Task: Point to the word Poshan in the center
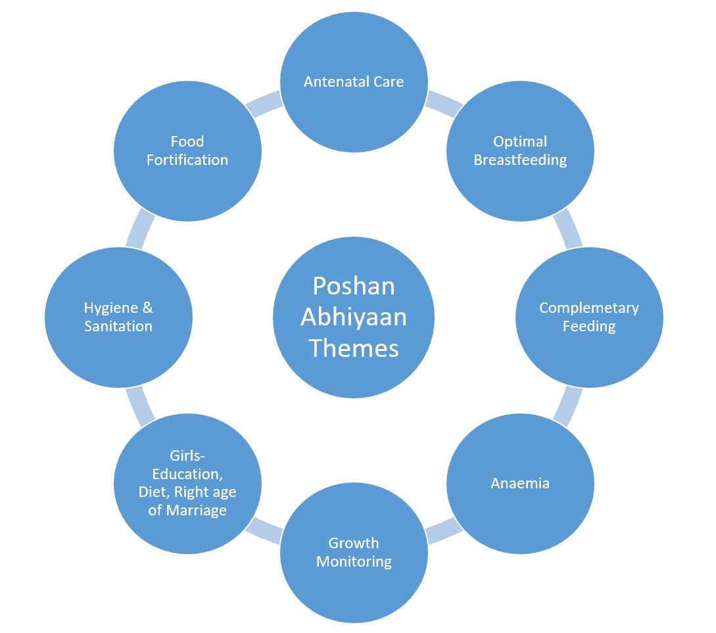354,286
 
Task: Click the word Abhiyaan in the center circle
354,317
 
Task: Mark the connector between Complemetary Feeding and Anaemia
568,406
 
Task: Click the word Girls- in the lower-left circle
187,456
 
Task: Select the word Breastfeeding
520,160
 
